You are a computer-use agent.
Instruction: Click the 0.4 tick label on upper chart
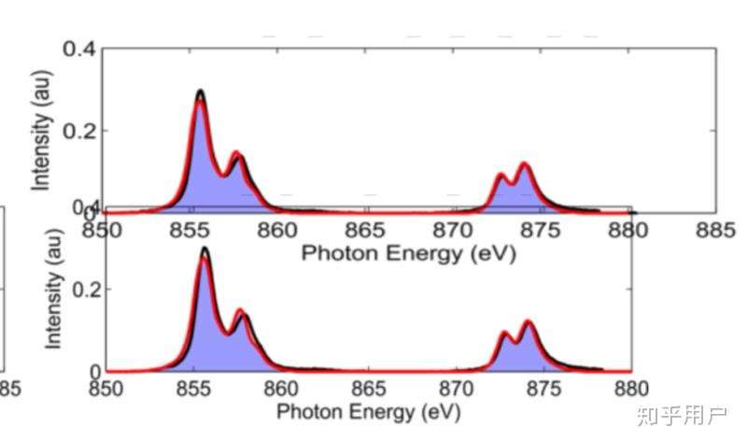tap(80, 48)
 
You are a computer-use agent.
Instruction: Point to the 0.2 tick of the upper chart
tap(80, 130)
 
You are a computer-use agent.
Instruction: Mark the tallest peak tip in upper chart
tap(200, 92)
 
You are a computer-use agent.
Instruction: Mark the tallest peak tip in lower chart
tap(204, 250)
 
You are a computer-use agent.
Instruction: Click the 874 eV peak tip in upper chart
tap(525, 165)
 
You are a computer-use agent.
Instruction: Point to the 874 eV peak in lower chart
tap(529, 323)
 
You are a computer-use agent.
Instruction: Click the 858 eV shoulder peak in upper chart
tap(237, 154)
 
